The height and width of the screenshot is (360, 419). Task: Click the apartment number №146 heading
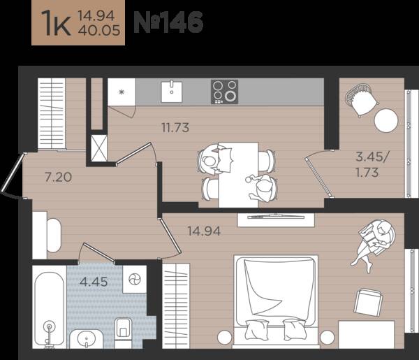coord(168,22)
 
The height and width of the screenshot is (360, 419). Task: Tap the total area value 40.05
coord(99,31)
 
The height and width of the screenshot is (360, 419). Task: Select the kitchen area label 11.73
coord(175,128)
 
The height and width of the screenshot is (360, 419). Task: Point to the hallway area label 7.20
coord(58,177)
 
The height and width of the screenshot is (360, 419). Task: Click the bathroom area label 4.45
coord(94,282)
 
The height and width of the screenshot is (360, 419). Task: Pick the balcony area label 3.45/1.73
coord(373,164)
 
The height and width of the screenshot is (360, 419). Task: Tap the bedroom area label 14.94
coord(204,231)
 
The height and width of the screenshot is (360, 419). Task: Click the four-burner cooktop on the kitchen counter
coord(224,92)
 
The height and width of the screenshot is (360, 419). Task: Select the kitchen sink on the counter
coord(172,92)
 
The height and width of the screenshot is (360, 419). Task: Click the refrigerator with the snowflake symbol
coord(122,92)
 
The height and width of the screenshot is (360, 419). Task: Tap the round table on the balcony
coord(386,120)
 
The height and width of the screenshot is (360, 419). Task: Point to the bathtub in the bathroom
coord(50,309)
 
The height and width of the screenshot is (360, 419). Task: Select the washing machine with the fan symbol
coord(135,279)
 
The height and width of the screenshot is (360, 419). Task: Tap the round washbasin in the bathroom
coord(86,339)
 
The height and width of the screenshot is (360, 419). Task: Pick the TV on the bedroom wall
coord(276,217)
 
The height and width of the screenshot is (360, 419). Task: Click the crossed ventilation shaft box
coord(99,148)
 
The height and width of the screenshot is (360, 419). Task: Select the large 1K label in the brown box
coord(56,23)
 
